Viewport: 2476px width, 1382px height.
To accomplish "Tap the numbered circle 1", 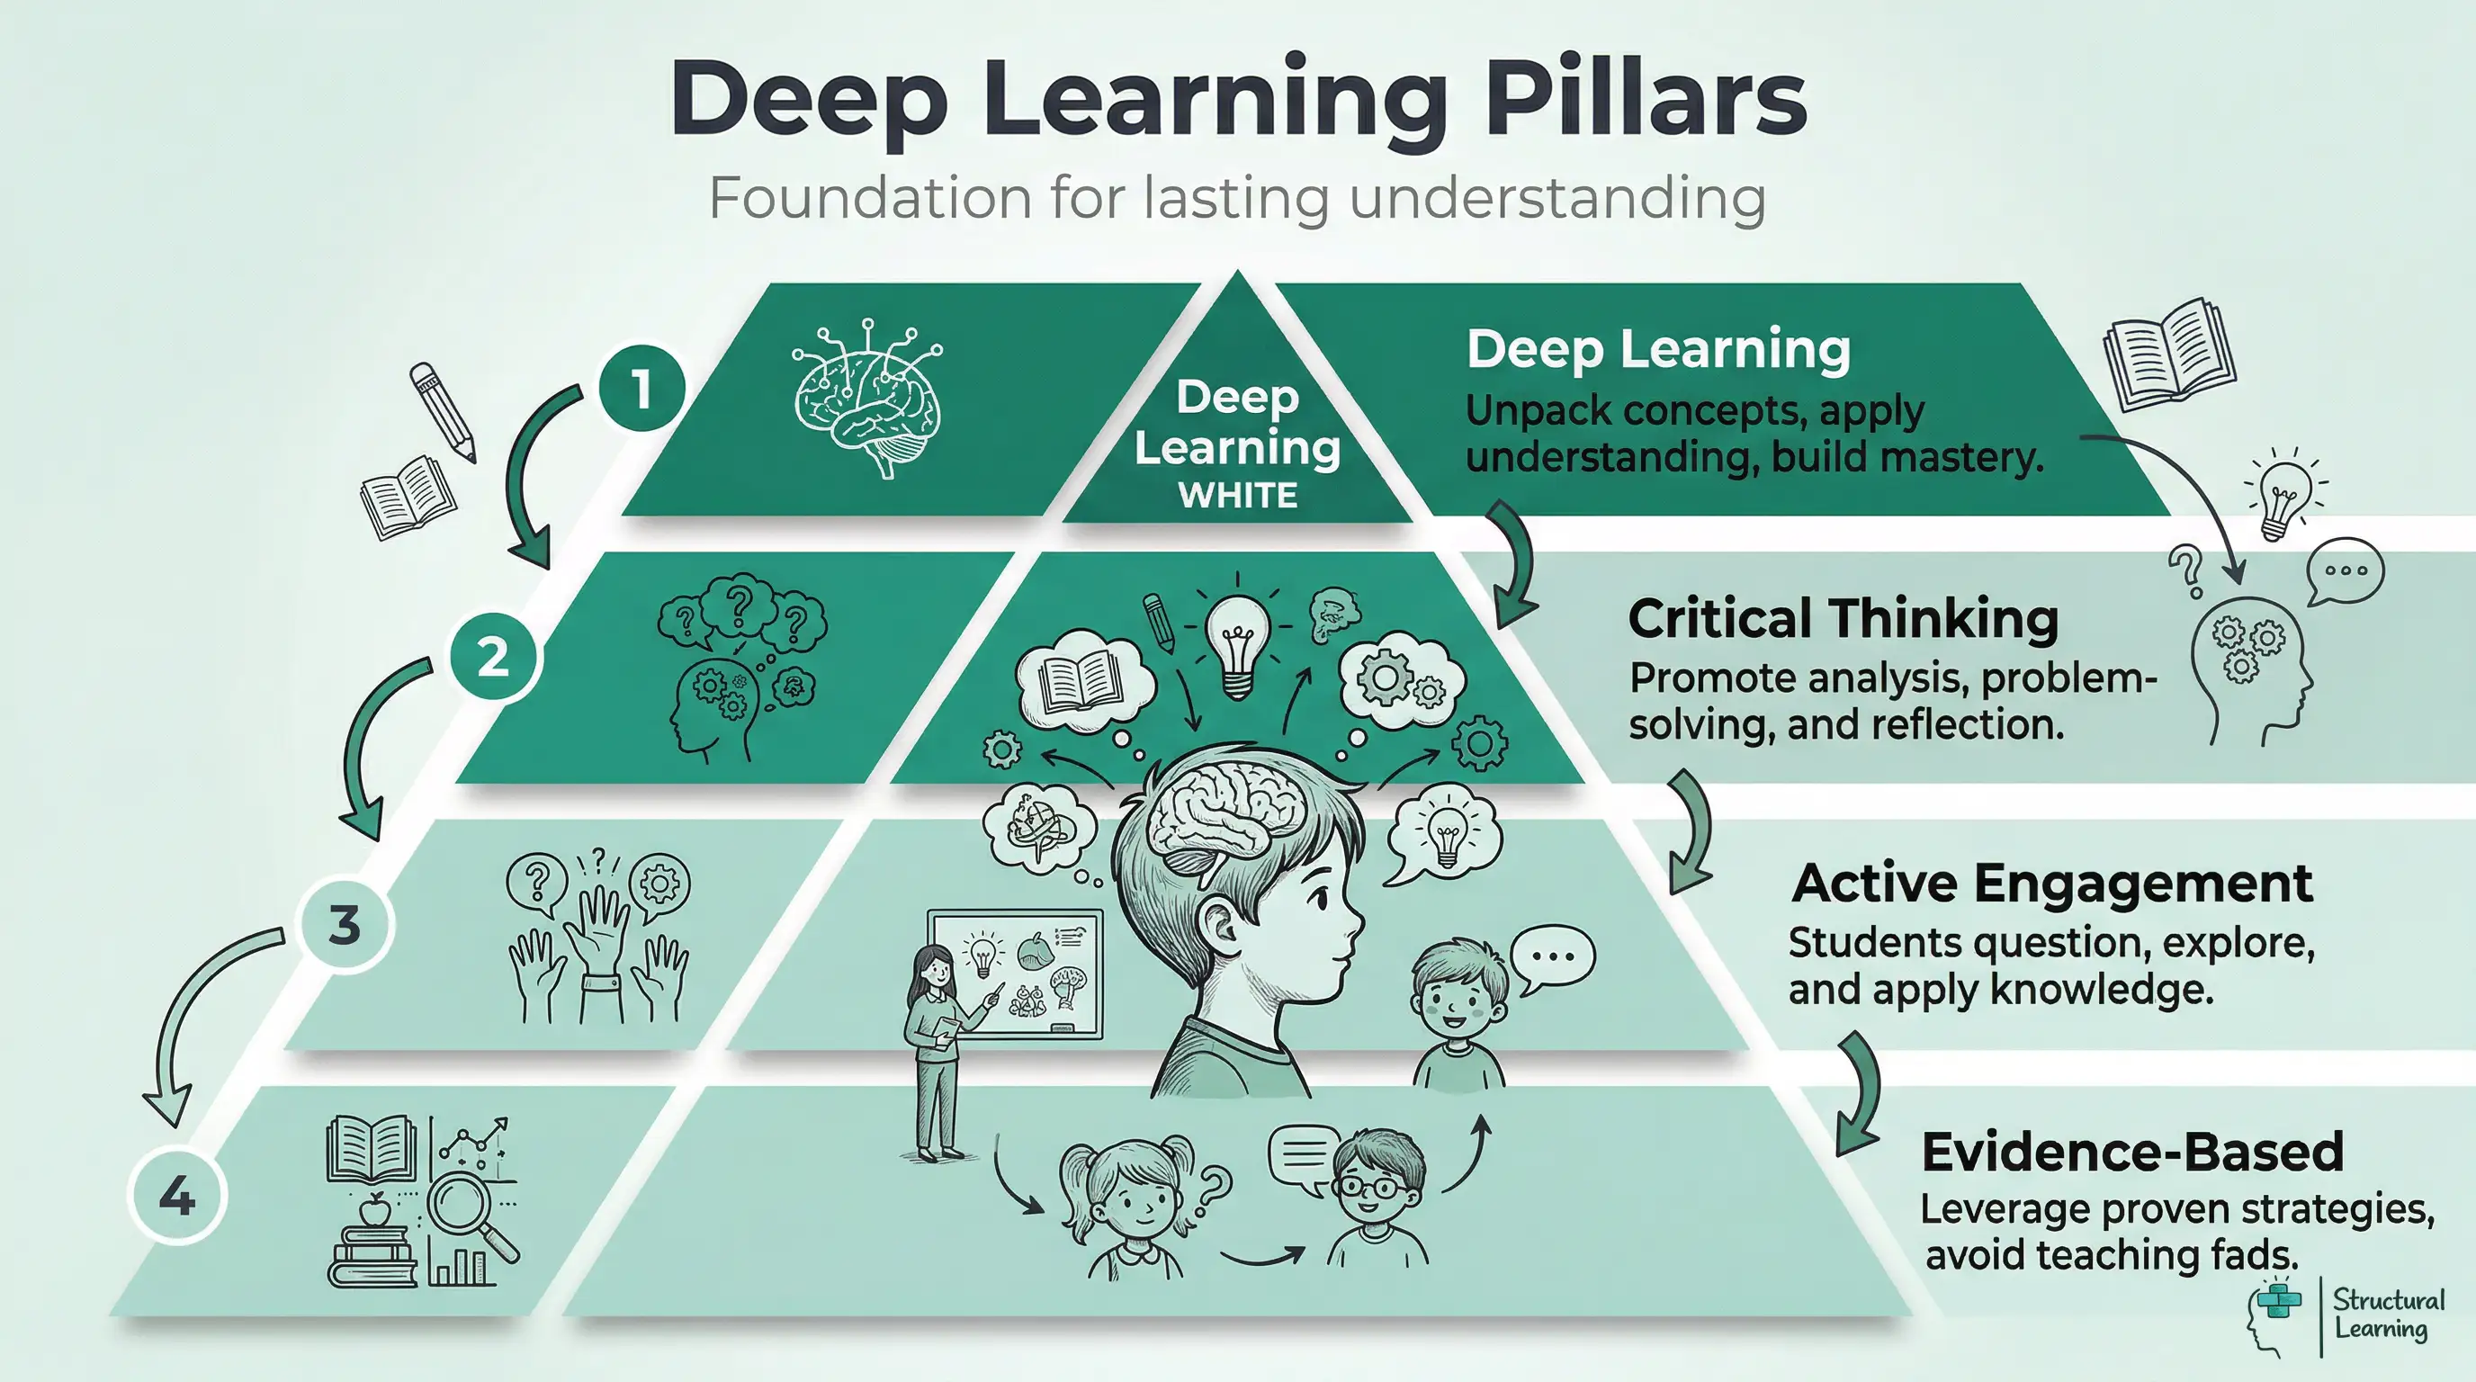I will coord(641,390).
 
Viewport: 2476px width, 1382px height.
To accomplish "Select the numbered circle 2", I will coord(493,658).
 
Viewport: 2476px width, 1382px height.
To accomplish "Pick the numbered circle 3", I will coord(344,925).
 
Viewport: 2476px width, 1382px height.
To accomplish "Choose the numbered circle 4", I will coord(177,1197).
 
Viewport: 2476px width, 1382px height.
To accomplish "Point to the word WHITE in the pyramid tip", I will coord(1238,496).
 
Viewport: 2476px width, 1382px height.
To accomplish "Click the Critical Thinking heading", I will coord(1843,619).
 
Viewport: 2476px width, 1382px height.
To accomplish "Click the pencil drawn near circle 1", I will coord(442,411).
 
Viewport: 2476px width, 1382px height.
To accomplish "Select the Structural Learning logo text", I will coord(2388,1315).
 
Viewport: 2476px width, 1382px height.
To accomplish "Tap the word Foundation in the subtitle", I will coord(869,199).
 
